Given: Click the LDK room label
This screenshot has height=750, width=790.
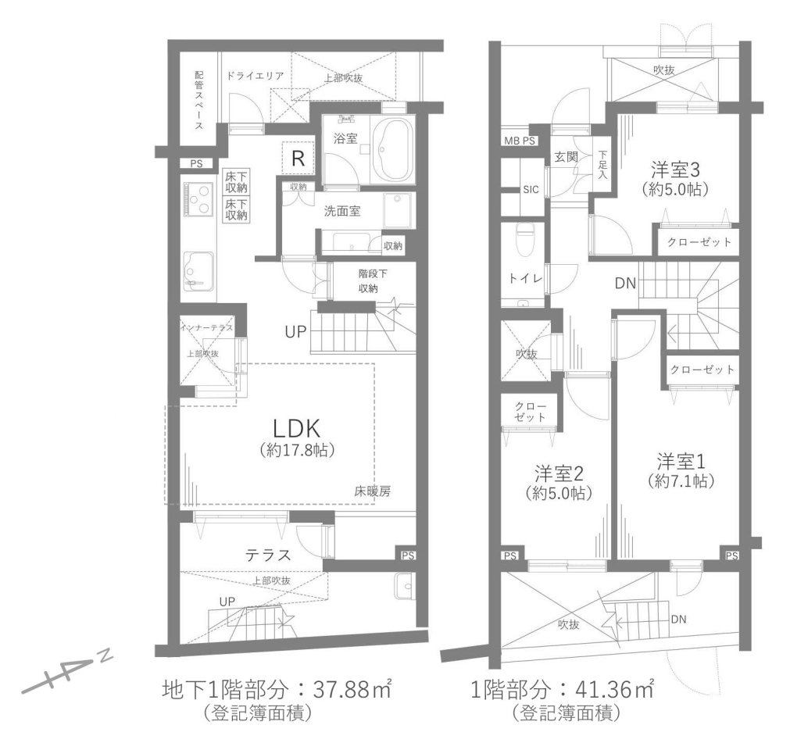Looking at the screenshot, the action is pyautogui.click(x=296, y=429).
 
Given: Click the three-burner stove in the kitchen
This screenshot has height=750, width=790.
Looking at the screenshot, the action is pyautogui.click(x=199, y=199).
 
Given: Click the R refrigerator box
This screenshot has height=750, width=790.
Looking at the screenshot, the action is pyautogui.click(x=298, y=159).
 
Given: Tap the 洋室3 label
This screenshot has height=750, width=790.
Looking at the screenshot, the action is pyautogui.click(x=675, y=170).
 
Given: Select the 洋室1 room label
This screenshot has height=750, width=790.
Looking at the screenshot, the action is pyautogui.click(x=681, y=462).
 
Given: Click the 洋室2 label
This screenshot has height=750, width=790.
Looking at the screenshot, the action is pyautogui.click(x=558, y=474).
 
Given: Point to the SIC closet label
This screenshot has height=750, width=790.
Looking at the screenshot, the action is pyautogui.click(x=531, y=189).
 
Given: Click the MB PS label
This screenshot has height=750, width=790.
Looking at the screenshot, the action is pyautogui.click(x=520, y=141).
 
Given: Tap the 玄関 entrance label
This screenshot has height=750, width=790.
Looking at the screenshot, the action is pyautogui.click(x=566, y=157).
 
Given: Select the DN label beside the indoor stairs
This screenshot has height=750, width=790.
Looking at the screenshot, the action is pyautogui.click(x=625, y=284).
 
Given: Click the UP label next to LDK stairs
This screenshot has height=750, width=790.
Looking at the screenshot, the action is pyautogui.click(x=295, y=332).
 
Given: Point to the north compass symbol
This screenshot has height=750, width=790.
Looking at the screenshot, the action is pyautogui.click(x=66, y=674).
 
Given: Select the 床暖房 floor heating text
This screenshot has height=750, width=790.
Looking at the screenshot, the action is pyautogui.click(x=372, y=491).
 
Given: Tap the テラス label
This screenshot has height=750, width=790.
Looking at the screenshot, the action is pyautogui.click(x=268, y=555).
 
